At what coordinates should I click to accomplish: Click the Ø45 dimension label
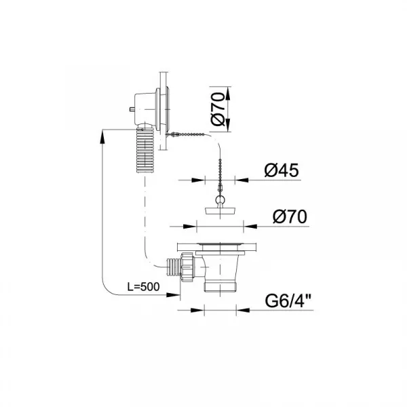[282, 170]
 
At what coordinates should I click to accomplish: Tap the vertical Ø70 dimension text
[218, 109]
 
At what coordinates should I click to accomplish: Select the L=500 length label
[143, 287]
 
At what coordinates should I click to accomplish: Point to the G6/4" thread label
[288, 301]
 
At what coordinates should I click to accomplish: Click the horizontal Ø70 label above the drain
[290, 217]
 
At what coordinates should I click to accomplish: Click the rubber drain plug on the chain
[220, 210]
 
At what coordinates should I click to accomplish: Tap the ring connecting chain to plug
[220, 200]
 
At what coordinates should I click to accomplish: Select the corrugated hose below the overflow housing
[145, 151]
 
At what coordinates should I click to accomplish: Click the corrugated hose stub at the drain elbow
[173, 268]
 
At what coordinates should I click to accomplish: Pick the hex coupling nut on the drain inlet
[187, 267]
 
